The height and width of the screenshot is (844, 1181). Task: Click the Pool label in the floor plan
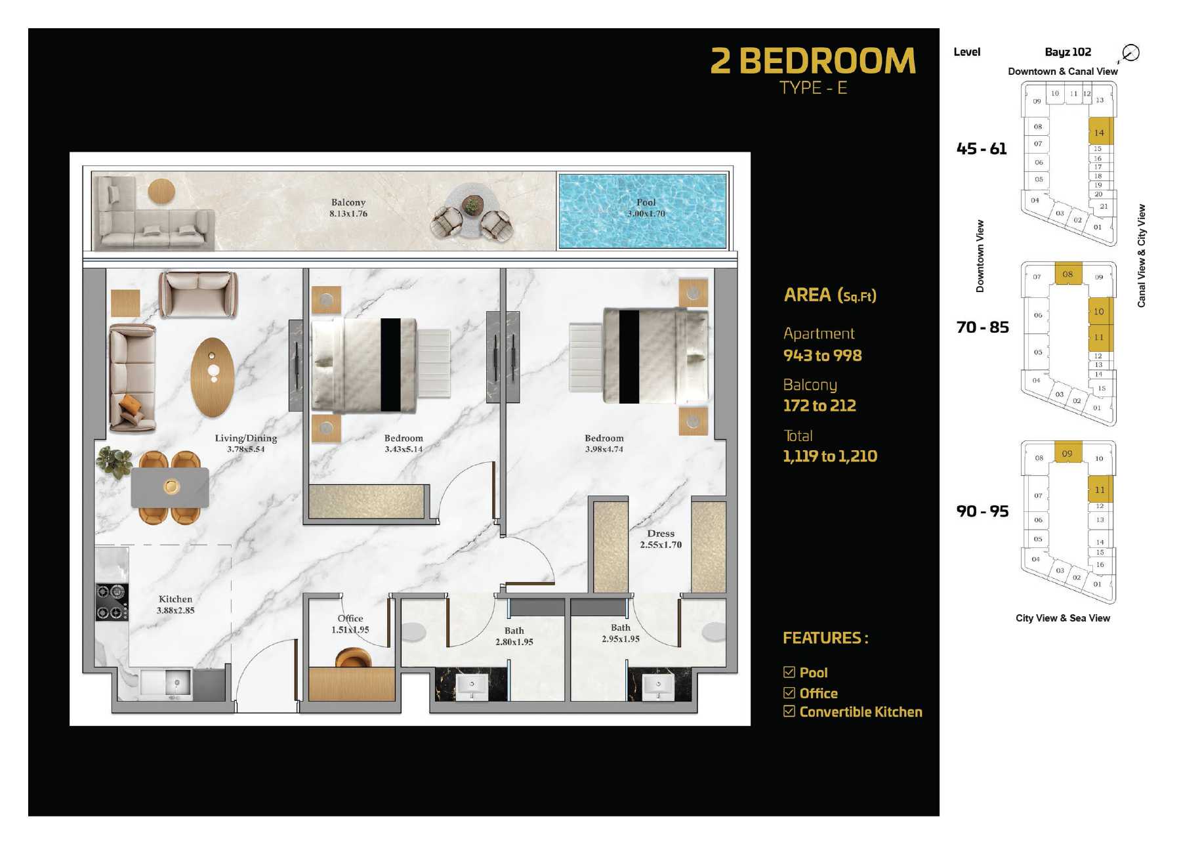(x=646, y=207)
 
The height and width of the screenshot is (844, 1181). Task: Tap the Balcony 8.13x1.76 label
(x=348, y=207)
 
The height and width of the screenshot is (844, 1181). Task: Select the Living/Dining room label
(x=246, y=443)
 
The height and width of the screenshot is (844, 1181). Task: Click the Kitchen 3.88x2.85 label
(x=176, y=604)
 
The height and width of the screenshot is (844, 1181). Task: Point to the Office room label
(x=350, y=623)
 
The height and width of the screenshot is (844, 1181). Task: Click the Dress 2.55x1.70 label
(x=661, y=539)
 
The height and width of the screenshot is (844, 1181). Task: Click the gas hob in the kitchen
(x=112, y=602)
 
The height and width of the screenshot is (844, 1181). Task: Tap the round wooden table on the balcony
(x=161, y=192)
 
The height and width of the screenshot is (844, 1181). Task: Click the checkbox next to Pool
(x=789, y=672)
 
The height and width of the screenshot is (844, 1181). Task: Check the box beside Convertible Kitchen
(x=789, y=711)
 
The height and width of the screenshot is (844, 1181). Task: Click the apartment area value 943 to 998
(x=823, y=356)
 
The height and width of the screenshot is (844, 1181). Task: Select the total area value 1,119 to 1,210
(x=830, y=456)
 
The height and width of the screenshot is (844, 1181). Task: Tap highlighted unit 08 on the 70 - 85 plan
(x=1068, y=274)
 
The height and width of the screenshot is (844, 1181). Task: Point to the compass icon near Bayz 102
(x=1130, y=53)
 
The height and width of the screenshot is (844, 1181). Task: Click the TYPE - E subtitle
(x=814, y=88)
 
